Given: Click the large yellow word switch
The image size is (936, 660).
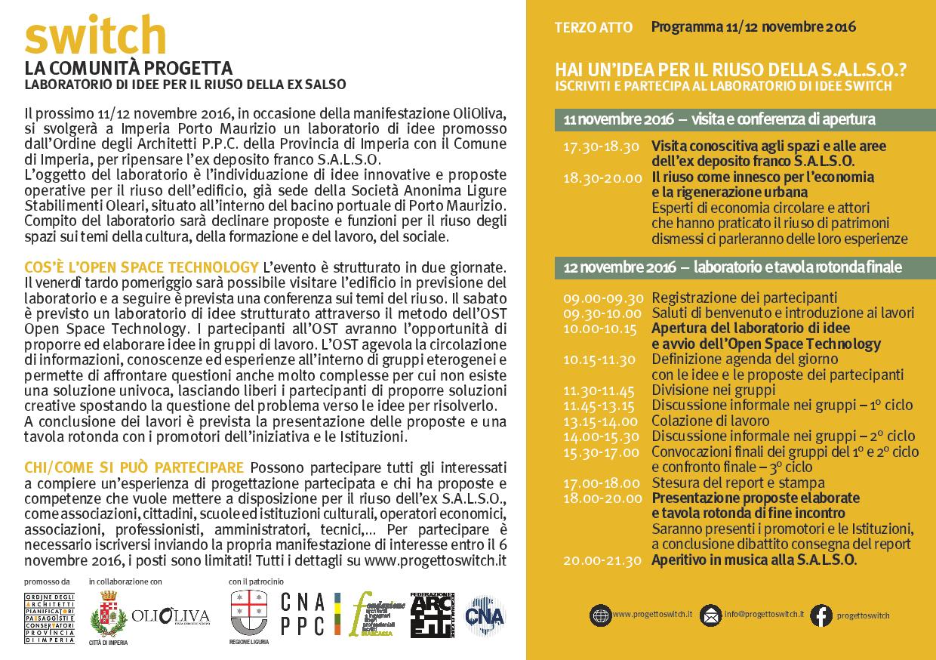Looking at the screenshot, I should coord(95,35).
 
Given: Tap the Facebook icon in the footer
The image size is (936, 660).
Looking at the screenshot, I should coord(821,615).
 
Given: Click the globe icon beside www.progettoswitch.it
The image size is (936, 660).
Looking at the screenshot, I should coord(601,615).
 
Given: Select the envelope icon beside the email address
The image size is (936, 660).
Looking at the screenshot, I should coord(710,615).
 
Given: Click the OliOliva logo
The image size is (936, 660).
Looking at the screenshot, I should coord(171,615).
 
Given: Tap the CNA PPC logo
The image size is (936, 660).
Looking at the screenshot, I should coord(303,614).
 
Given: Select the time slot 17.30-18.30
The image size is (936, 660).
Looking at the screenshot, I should coord(601,146).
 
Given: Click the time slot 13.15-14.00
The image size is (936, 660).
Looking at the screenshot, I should coord(601,421).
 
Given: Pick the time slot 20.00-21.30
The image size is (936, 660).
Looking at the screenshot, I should coord(602,560).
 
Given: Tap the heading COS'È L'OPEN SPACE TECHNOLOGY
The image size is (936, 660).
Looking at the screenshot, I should coord(141,267).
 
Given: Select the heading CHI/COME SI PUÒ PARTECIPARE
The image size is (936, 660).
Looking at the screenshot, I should coord(134,466).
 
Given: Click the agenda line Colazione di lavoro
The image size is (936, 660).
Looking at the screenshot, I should coord(700,421).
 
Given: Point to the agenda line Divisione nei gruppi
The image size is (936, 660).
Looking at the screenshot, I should coord(713,390).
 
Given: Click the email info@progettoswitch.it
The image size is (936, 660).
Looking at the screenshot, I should coord(764,615).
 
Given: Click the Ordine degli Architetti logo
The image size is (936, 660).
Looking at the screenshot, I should coord(49,618).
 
